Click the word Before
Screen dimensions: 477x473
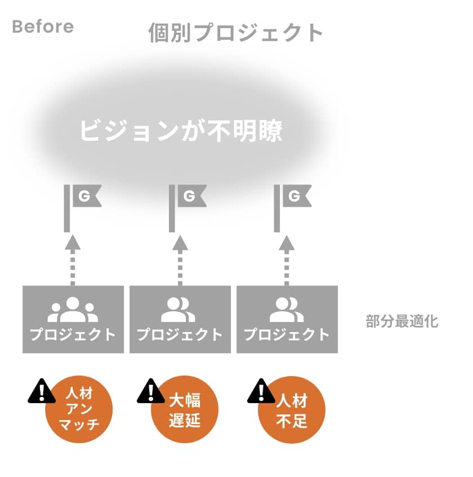pyautogui.click(x=43, y=26)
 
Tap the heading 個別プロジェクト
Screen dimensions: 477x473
pyautogui.click(x=236, y=33)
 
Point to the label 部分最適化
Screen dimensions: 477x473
pyautogui.click(x=401, y=322)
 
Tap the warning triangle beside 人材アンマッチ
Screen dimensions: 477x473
pyautogui.click(x=42, y=391)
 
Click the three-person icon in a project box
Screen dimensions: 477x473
pyautogui.click(x=73, y=310)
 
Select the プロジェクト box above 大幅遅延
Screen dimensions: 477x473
pyautogui.click(x=180, y=319)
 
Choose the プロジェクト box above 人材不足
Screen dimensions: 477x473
pyautogui.click(x=287, y=319)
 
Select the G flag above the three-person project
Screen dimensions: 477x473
pyautogui.click(x=83, y=197)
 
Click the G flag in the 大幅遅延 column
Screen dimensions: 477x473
pyautogui.click(x=189, y=197)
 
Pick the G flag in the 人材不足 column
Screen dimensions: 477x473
pyautogui.click(x=293, y=197)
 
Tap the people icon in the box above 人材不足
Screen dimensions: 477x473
pyautogui.click(x=287, y=310)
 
